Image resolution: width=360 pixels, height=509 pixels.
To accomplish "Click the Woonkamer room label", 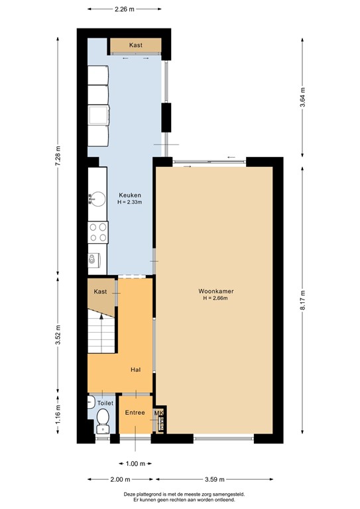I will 215,291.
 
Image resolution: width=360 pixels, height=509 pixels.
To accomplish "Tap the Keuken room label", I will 129,194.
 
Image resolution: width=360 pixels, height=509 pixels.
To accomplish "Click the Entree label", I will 135,412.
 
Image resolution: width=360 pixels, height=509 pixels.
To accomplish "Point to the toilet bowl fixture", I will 103,418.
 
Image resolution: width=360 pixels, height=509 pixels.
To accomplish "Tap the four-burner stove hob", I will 97,232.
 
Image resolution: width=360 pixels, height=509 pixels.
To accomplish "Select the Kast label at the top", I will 136,45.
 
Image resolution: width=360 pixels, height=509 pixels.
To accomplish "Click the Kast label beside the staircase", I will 101,292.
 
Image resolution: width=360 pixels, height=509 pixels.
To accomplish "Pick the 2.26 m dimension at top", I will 125,9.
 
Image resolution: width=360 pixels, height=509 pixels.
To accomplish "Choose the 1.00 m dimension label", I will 135,463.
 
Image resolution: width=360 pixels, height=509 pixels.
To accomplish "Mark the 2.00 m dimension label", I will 121,479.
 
